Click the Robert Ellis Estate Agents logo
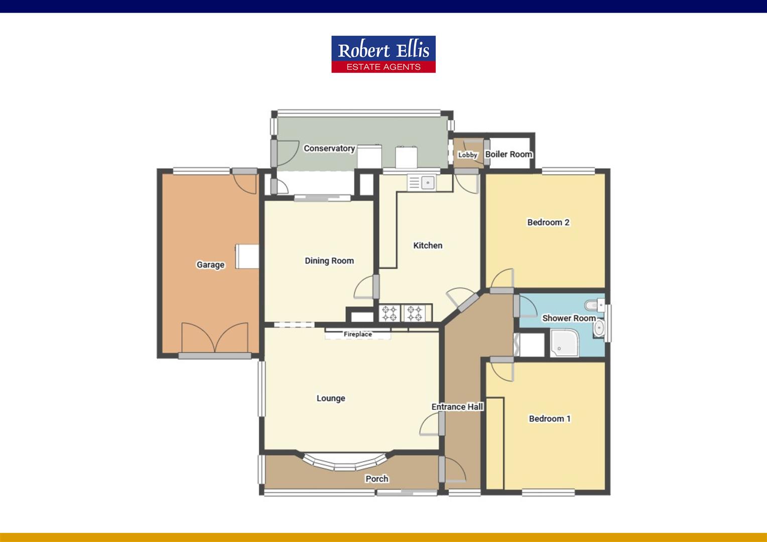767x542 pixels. point(383,54)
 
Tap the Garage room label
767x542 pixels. point(210,264)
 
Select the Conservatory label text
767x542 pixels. point(329,148)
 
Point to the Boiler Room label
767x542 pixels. point(508,154)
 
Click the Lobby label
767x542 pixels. point(468,155)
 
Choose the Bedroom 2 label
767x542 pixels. point(548,222)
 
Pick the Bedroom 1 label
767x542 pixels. point(550,419)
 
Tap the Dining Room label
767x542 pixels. point(329,260)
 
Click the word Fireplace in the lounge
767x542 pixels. point(358,334)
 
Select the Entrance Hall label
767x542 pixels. point(457,407)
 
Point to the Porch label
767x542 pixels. point(376,479)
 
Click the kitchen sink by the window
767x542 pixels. point(422,183)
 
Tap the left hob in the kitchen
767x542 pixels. point(390,313)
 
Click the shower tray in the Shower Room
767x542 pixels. point(564,343)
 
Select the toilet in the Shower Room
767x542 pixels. point(595,305)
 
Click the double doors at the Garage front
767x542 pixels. point(215,338)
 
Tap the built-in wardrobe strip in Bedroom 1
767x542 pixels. point(495,444)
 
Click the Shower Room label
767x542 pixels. point(569,318)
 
